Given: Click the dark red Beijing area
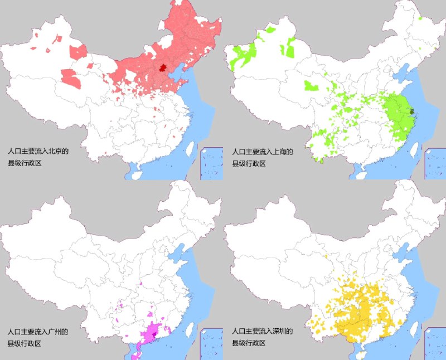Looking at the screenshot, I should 162,68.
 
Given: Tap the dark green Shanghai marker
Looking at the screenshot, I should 412,111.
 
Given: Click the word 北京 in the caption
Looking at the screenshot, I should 56,151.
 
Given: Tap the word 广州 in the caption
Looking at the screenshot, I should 56,332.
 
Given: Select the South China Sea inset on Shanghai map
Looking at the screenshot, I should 435,163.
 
